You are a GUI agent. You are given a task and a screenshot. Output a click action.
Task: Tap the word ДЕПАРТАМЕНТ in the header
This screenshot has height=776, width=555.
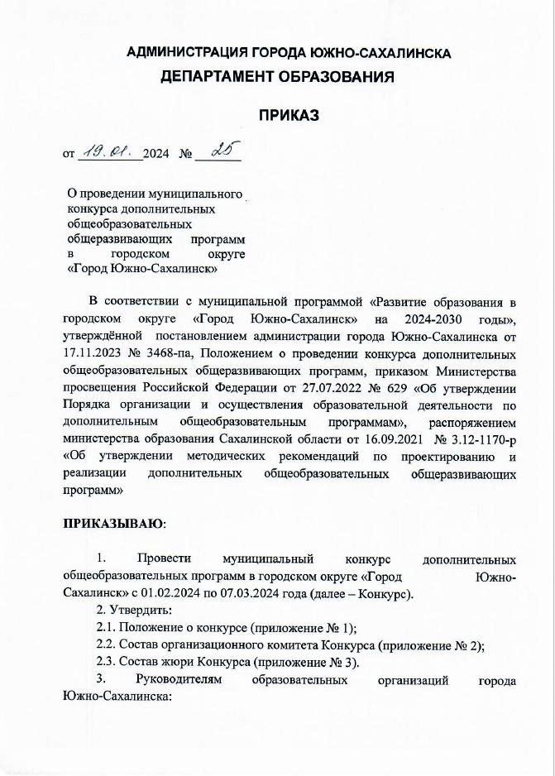coord(218,78)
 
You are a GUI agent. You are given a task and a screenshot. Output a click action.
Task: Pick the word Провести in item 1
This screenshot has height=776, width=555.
coord(166,560)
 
